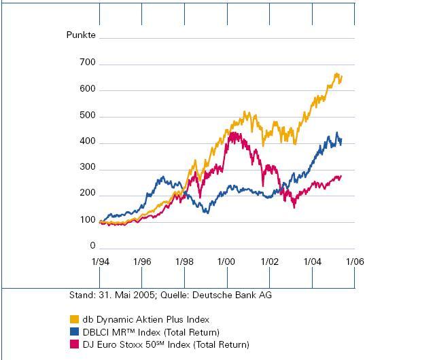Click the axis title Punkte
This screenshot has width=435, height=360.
pos(81,35)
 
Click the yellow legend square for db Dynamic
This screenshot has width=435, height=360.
pos(74,319)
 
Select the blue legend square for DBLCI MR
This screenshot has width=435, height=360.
pos(74,332)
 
